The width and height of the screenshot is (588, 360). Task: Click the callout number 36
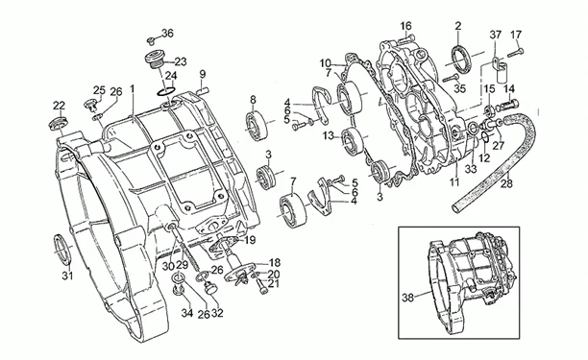pyautogui.click(x=167, y=34)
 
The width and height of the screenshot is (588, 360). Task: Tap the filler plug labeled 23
pyautogui.click(x=154, y=61)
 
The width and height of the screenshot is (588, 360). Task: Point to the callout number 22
pyautogui.click(x=59, y=106)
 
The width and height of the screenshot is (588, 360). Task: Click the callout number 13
pyautogui.click(x=329, y=135)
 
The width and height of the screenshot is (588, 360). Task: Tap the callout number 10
pyautogui.click(x=326, y=62)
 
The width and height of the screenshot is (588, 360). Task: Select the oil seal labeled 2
pyautogui.click(x=461, y=57)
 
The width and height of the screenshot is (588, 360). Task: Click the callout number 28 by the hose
pyautogui.click(x=506, y=184)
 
